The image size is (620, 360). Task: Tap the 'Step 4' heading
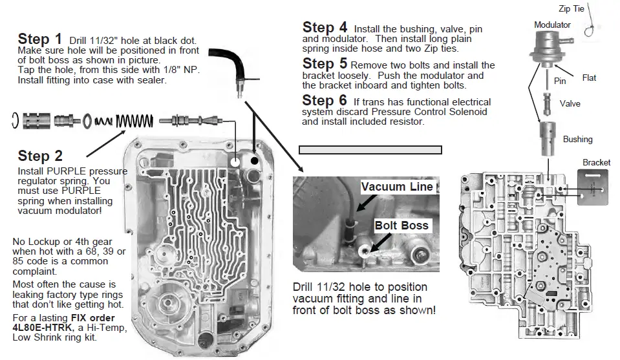325,27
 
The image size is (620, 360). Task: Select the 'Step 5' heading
325,63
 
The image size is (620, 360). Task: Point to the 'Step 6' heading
325,100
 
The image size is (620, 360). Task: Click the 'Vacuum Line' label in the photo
397,187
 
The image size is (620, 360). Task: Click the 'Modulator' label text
552,25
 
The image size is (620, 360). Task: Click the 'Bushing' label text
577,139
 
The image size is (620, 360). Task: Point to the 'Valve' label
570,103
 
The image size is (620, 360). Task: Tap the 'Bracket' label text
596,162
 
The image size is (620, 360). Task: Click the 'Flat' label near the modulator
589,78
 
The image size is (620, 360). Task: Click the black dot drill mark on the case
255,159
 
